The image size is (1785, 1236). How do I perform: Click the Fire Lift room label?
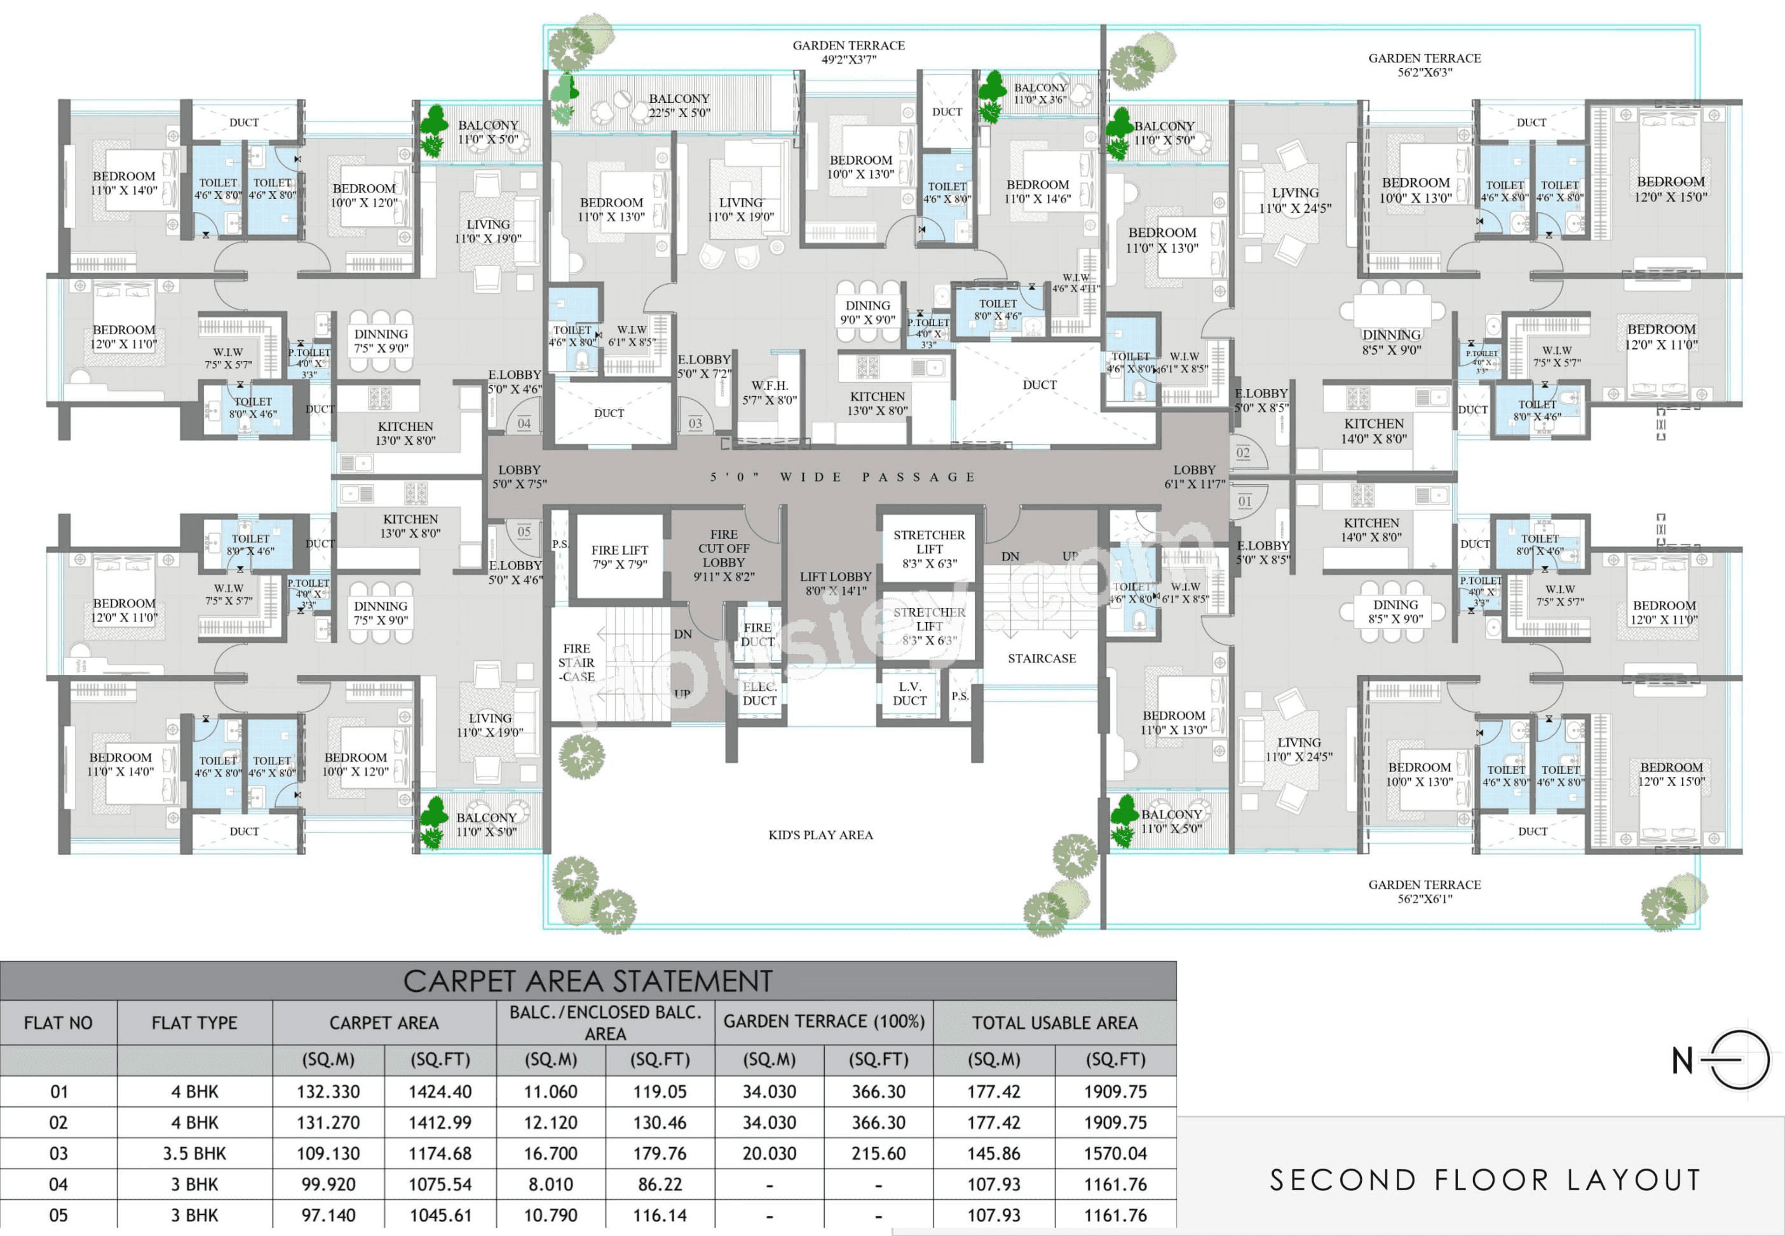(620, 557)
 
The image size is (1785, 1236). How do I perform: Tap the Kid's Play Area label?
(820, 835)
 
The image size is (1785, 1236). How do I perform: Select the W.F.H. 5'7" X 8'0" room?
(769, 393)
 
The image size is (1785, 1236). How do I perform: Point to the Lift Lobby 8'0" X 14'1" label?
(835, 583)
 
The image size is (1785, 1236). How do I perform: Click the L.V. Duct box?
(909, 694)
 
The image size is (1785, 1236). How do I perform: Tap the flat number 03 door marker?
(695, 424)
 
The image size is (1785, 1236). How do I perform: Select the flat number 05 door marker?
(524, 531)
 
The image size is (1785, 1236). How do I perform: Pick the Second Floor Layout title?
(1484, 1179)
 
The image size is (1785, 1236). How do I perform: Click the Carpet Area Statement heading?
(588, 981)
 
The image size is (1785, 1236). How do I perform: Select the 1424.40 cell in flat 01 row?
(440, 1091)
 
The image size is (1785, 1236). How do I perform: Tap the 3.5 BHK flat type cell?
(194, 1153)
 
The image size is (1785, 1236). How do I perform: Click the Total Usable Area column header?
(1055, 1022)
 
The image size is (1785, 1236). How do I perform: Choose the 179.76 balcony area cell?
(659, 1153)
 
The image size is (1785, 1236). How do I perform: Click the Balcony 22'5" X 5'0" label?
(679, 105)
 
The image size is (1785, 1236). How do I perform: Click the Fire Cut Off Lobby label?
(723, 555)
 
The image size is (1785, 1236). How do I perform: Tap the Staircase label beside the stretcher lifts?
(1042, 658)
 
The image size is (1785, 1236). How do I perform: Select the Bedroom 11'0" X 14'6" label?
(1037, 191)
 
